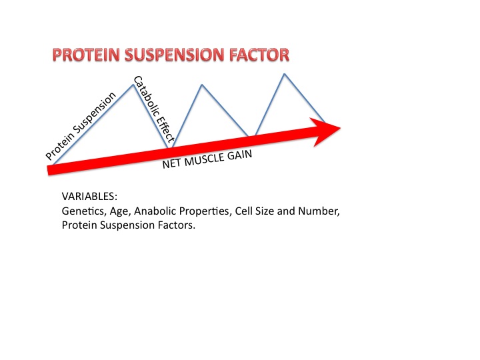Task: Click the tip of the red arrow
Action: [340, 127]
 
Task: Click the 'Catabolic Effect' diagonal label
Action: [154, 110]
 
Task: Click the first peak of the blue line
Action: [134, 85]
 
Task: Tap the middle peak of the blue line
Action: [202, 85]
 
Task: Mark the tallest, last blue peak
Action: [285, 73]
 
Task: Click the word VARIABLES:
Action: [89, 198]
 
